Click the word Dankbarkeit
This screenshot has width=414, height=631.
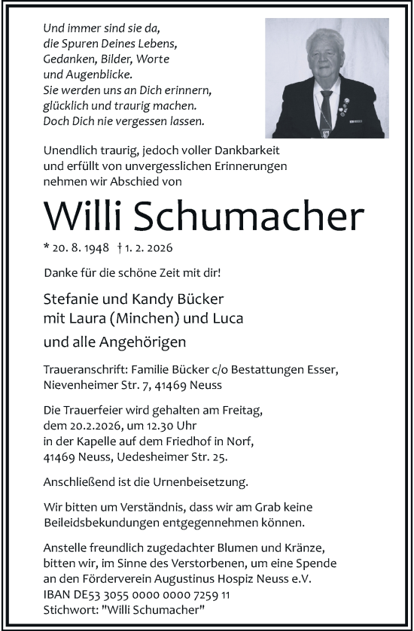click(x=269, y=150)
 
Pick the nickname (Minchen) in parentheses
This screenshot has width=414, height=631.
click(x=151, y=318)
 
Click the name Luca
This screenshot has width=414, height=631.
click(x=228, y=318)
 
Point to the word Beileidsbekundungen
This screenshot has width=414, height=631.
click(x=106, y=522)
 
